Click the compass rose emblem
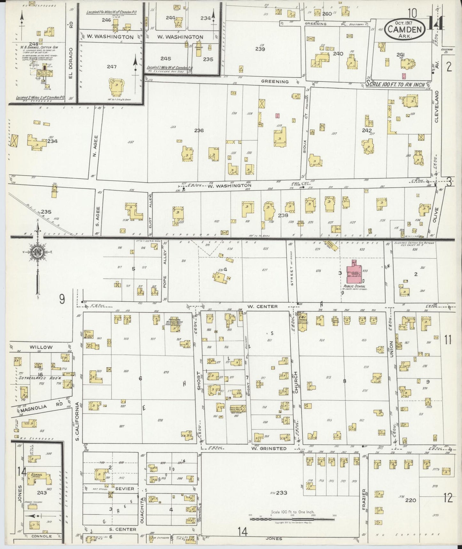(x=38, y=251)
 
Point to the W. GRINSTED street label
(x=269, y=448)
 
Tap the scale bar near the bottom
(x=292, y=519)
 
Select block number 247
(x=112, y=67)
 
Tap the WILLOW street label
(x=41, y=347)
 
